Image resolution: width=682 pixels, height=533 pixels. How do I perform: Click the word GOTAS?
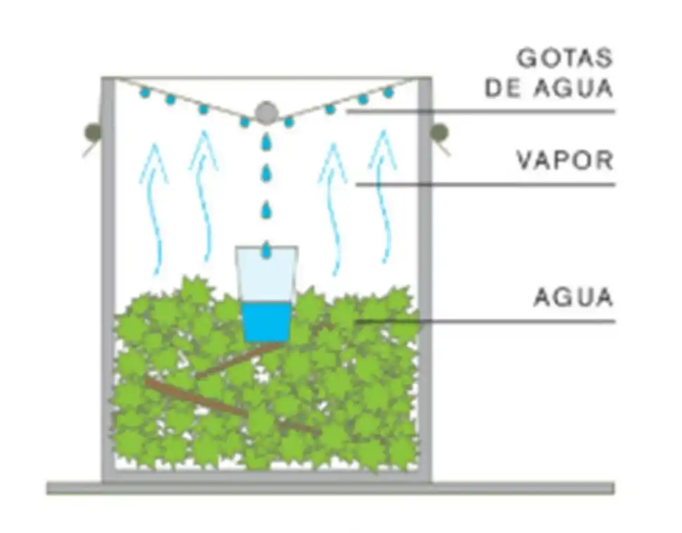pyautogui.click(x=565, y=58)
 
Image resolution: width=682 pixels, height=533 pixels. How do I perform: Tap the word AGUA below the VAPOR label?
pyautogui.click(x=573, y=297)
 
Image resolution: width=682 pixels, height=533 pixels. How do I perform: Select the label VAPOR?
pyautogui.click(x=565, y=160)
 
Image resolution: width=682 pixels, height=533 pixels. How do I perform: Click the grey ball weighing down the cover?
pyautogui.click(x=266, y=112)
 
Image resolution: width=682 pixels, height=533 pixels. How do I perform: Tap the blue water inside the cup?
pyautogui.click(x=266, y=321)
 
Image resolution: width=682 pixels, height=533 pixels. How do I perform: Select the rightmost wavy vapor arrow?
pyautogui.click(x=383, y=197)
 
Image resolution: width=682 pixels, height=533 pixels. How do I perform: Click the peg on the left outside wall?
pyautogui.click(x=92, y=131)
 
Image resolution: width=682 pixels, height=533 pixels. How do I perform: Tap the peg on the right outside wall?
pyautogui.click(x=439, y=131)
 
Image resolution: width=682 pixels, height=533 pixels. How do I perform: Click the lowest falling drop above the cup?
pyautogui.click(x=266, y=249)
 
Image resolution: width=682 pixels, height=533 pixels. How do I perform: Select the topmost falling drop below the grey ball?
pyautogui.click(x=266, y=142)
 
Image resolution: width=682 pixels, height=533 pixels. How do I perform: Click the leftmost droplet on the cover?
pyautogui.click(x=145, y=92)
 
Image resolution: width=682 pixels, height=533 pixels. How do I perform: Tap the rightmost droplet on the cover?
pyautogui.click(x=388, y=92)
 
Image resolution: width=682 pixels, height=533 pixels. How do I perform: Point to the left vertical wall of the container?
pyautogui.click(x=108, y=281)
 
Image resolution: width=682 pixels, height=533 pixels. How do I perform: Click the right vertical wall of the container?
pyautogui.click(x=425, y=281)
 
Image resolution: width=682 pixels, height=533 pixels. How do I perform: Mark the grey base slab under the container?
pyautogui.click(x=330, y=488)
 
